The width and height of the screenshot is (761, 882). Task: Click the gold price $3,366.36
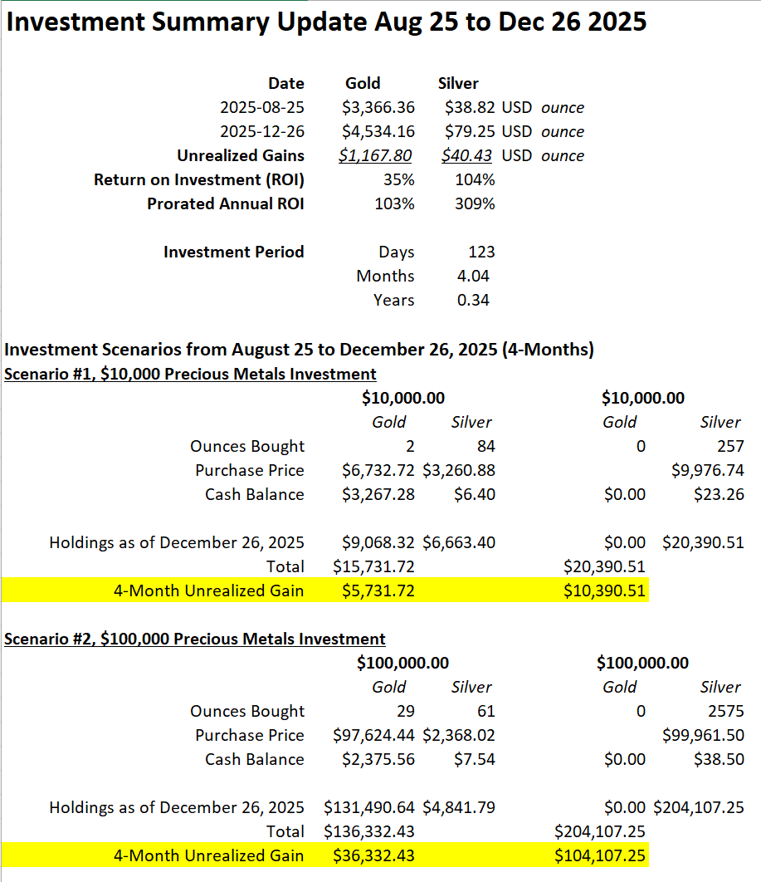[x=378, y=107]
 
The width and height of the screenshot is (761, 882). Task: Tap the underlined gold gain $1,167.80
[x=377, y=155]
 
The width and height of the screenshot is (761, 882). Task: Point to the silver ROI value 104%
[x=475, y=179]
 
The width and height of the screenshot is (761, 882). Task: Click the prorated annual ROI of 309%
[x=475, y=203]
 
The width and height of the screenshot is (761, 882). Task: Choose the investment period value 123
[x=481, y=252]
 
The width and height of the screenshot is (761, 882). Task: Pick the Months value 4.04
[x=473, y=276]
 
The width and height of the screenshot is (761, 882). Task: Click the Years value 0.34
[x=473, y=300]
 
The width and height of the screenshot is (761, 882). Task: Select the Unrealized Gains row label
[x=240, y=155]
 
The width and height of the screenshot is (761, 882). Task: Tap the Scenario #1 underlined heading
[x=190, y=374]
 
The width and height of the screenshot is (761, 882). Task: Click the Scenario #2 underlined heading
[x=195, y=639]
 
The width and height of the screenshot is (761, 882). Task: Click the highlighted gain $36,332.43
[x=373, y=855]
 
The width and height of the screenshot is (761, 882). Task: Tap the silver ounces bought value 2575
[x=727, y=711]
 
